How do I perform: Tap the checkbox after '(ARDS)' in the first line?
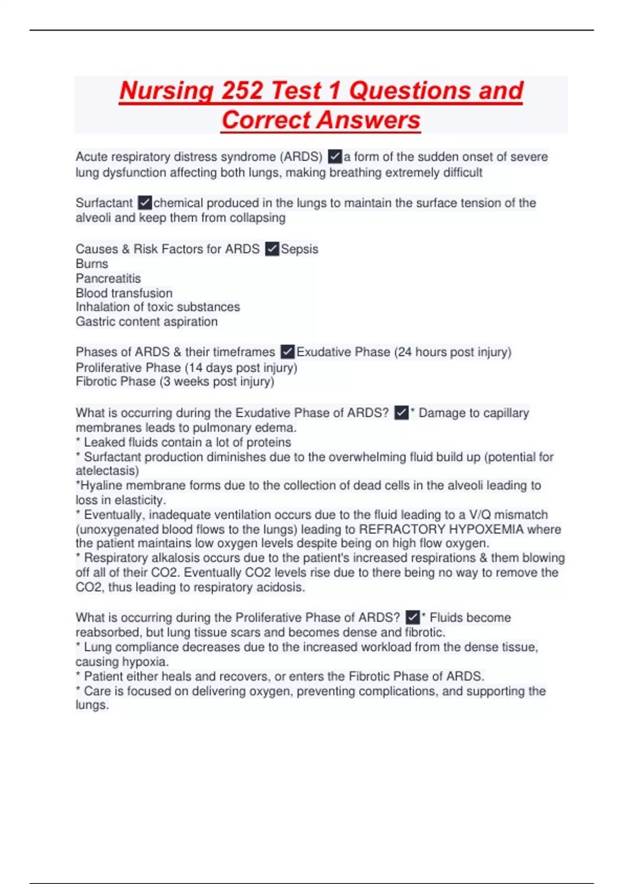point(335,157)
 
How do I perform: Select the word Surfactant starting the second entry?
point(104,203)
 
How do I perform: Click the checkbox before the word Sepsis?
point(272,249)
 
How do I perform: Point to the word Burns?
point(92,264)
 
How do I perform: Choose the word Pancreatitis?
point(108,278)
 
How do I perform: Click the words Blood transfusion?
point(124,293)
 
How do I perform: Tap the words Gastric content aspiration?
point(147,321)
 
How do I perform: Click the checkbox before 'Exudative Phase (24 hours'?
point(288,352)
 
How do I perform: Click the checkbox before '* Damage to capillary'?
point(401,413)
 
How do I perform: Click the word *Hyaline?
point(99,485)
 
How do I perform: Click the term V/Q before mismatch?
point(479,515)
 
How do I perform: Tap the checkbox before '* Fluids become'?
point(412,617)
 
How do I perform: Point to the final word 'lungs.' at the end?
point(92,705)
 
